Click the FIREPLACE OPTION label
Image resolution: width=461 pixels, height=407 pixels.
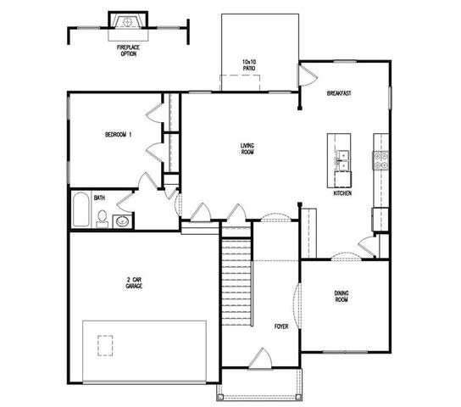(x=128, y=51)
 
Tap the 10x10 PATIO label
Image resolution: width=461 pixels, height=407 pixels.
(x=249, y=65)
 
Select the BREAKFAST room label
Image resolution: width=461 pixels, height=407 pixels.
(x=339, y=93)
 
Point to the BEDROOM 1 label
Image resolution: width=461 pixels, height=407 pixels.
(x=118, y=135)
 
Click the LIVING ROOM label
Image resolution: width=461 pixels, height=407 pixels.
(x=247, y=148)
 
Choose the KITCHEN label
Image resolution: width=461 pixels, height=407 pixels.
(x=342, y=193)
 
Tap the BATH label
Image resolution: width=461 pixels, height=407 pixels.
(x=99, y=198)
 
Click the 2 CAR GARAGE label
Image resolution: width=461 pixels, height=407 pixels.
(x=134, y=283)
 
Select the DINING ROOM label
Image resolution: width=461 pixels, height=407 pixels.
(x=342, y=297)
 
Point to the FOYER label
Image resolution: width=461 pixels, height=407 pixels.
(x=280, y=326)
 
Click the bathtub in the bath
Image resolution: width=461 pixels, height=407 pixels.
(x=81, y=211)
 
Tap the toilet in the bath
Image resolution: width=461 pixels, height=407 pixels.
(x=102, y=219)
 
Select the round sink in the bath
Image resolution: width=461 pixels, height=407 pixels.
(x=122, y=222)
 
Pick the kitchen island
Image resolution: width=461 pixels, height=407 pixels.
(x=342, y=160)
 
